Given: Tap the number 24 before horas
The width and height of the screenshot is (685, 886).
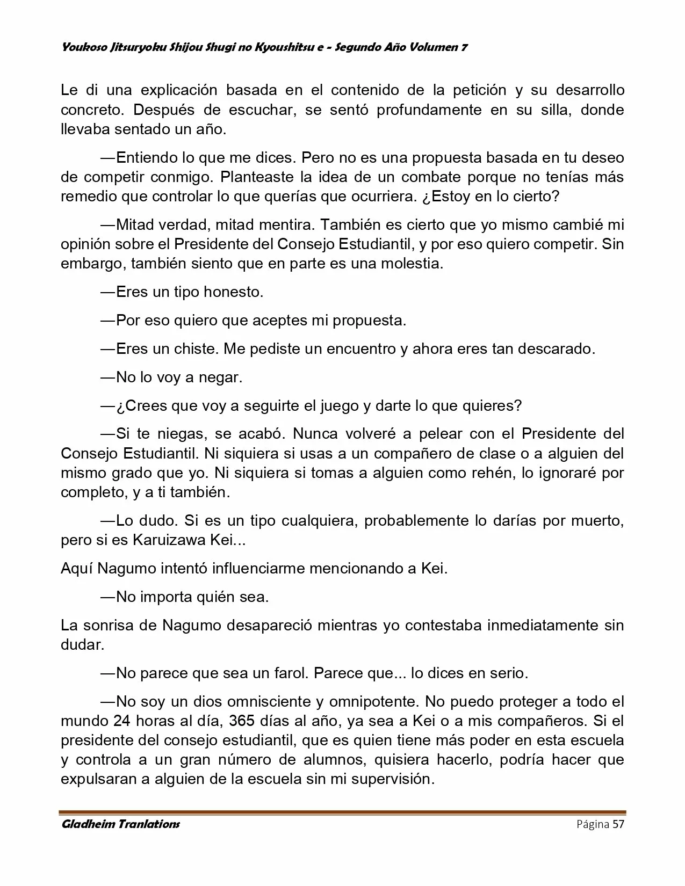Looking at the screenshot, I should (x=122, y=721).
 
